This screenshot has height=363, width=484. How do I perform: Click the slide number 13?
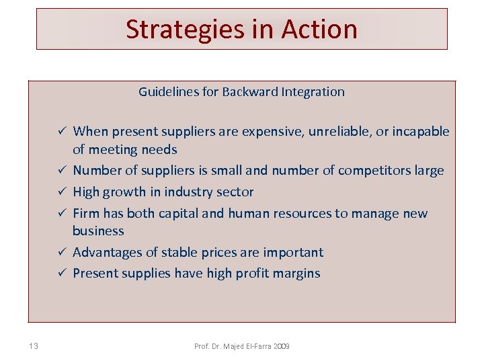click(34, 346)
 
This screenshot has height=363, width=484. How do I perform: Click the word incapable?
click(420, 132)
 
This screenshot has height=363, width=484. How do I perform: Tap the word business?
click(98, 231)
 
